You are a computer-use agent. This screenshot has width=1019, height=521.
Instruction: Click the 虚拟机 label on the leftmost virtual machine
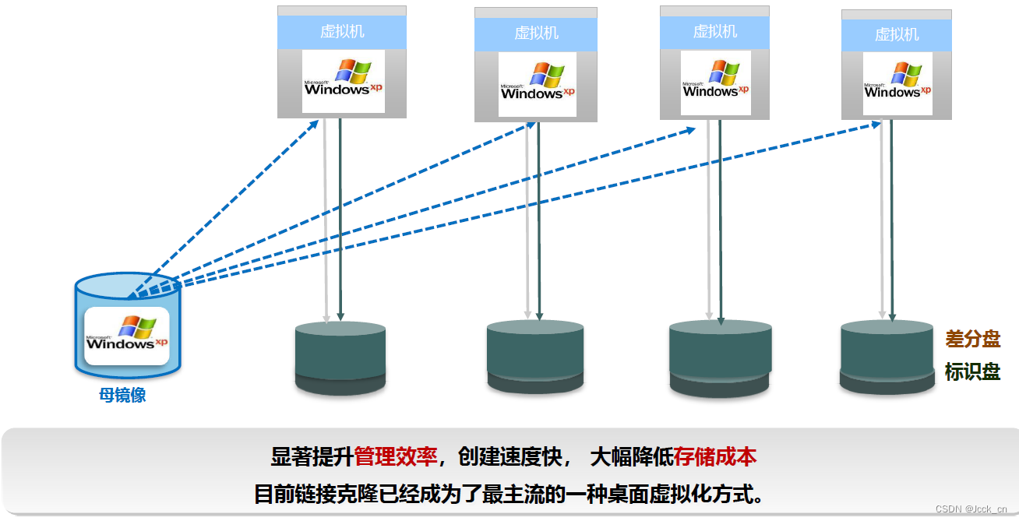[x=342, y=32]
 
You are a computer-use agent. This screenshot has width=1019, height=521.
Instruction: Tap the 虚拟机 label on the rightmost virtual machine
[x=897, y=34]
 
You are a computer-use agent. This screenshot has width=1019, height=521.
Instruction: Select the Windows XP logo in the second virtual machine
[x=537, y=83]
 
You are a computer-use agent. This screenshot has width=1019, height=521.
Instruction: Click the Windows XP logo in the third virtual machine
[x=715, y=81]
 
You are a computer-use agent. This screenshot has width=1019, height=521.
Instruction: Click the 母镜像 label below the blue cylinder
[x=122, y=395]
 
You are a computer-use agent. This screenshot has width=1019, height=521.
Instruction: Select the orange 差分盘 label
[x=972, y=339]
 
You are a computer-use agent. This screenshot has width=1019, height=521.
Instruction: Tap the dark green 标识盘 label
[x=972, y=371]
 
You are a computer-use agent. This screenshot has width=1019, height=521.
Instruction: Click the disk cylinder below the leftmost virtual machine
[x=340, y=357]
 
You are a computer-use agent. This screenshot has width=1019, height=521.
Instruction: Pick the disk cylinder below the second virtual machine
[x=535, y=356]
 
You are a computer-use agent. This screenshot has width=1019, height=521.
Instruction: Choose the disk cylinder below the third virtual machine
[x=720, y=357]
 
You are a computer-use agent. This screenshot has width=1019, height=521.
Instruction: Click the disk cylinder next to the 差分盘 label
[x=887, y=355]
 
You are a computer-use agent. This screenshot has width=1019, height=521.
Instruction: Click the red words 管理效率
[x=396, y=457]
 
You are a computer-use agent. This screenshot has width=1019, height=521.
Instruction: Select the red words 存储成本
[x=715, y=457]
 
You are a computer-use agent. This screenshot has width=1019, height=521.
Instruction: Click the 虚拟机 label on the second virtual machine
[x=536, y=33]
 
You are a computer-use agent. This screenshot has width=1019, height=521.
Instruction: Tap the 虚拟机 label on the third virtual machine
[x=714, y=32]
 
